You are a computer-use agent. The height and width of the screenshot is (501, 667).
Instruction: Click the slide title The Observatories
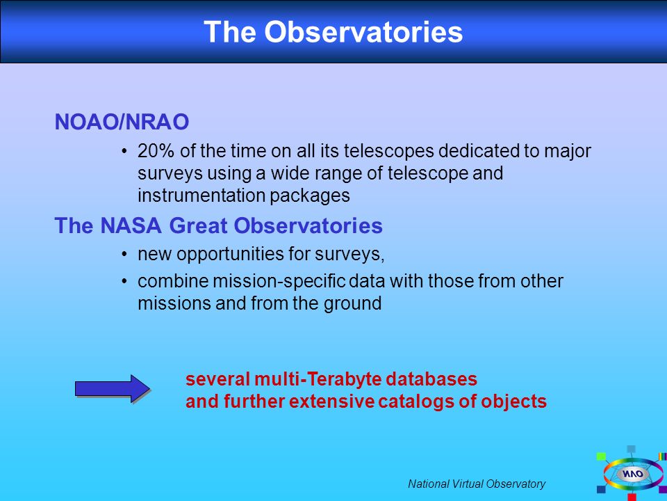coord(333,31)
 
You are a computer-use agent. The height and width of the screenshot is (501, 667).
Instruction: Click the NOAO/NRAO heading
coord(122,122)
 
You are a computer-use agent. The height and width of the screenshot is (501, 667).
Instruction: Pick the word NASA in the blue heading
coord(131,225)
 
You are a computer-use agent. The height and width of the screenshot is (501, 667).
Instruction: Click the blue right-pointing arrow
coord(113,388)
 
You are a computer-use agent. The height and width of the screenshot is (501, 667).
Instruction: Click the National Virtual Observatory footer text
coord(477,484)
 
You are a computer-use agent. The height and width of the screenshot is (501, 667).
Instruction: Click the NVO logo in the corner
coord(632,474)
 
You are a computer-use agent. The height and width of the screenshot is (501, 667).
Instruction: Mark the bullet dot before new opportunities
coord(124,255)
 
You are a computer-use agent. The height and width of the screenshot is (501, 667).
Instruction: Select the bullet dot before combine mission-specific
coord(124,282)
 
